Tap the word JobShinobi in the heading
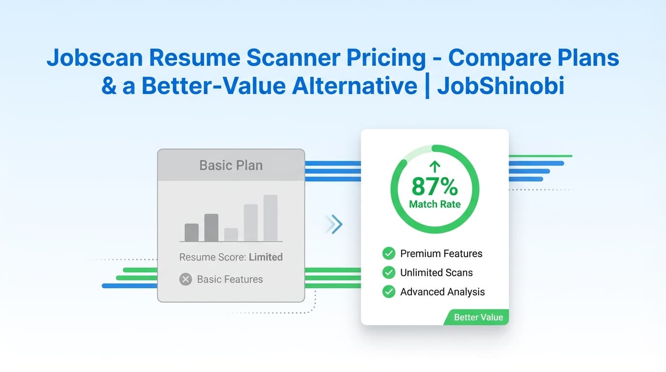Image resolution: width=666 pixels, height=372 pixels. point(500,86)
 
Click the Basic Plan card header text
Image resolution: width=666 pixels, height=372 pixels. point(231,165)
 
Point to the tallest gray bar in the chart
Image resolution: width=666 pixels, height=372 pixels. point(271,217)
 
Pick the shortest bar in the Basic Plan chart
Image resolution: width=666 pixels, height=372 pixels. point(231,234)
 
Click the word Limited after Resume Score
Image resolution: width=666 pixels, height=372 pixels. point(266,257)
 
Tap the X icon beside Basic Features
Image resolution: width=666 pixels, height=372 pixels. point(185,279)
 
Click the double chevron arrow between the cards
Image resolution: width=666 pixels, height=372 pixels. point(334,224)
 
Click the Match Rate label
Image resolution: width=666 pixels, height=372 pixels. point(435,204)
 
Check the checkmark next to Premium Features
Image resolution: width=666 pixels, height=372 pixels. point(389,253)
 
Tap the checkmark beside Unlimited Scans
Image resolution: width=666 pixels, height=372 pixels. point(389,273)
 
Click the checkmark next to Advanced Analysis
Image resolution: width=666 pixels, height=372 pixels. point(389,292)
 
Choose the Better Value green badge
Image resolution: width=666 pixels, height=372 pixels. point(478,318)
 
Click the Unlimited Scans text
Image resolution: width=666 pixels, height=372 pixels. point(436,273)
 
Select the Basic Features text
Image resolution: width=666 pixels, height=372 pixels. point(230,279)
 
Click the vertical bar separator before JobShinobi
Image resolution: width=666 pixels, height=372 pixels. point(427,86)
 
